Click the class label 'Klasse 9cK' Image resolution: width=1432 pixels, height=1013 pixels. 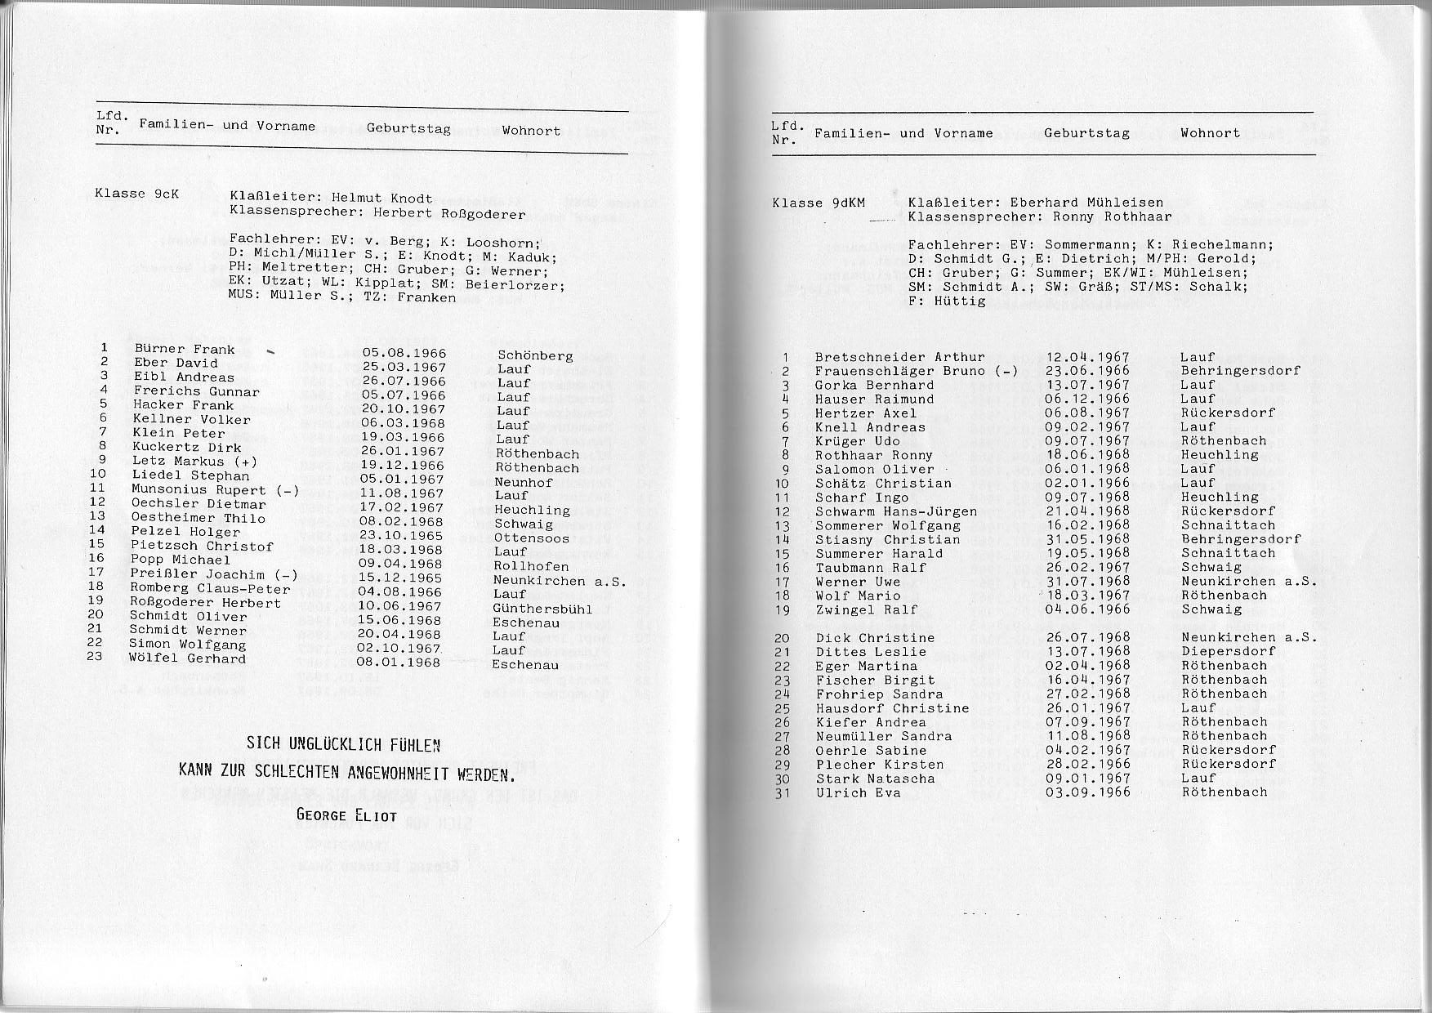[136, 194]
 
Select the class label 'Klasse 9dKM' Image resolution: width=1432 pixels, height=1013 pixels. [819, 203]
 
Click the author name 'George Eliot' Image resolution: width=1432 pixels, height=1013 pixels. [346, 814]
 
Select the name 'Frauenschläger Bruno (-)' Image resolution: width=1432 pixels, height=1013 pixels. [916, 371]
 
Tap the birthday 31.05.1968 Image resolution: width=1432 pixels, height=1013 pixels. [1087, 539]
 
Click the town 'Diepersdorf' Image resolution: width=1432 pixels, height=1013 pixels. [1228, 651]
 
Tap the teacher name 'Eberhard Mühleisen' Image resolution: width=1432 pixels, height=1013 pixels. [1086, 203]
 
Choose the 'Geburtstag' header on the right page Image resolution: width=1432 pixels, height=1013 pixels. [1086, 133]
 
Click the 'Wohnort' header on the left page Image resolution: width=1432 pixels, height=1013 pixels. [531, 130]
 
